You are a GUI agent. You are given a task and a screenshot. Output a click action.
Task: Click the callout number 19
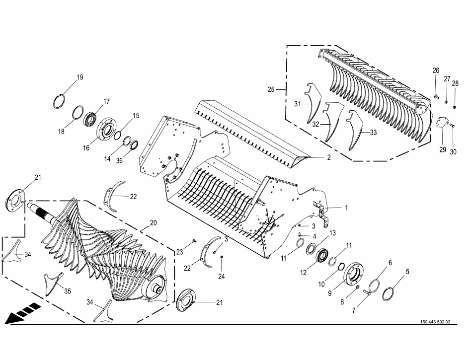tap(79, 77)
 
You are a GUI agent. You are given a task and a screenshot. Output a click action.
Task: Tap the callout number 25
tap(271, 90)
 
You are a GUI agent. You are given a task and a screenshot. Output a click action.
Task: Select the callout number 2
tap(328, 157)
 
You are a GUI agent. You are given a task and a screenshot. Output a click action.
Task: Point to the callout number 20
tap(153, 222)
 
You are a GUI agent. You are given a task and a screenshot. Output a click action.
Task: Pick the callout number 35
tap(67, 290)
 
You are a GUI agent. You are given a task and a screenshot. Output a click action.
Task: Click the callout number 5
tap(408, 272)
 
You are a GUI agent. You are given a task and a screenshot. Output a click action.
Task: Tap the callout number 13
tap(332, 233)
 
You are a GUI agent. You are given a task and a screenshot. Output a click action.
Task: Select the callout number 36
tap(119, 160)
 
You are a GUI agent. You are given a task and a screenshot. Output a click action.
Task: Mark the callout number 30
tap(453, 152)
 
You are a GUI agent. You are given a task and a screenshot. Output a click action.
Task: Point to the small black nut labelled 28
tap(455, 94)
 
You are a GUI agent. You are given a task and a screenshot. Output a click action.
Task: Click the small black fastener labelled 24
tap(222, 257)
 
